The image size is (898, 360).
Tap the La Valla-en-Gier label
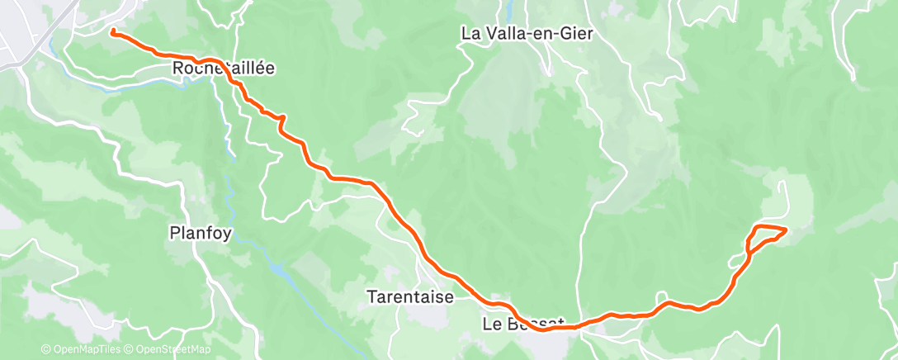[527, 34]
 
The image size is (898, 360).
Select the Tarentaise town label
[410, 297]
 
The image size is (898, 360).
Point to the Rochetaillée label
[223, 68]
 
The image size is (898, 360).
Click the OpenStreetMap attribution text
[173, 350]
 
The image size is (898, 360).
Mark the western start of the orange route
[111, 32]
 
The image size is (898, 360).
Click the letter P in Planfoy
[175, 232]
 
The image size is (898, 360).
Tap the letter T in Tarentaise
[371, 297]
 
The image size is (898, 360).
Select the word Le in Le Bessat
[490, 324]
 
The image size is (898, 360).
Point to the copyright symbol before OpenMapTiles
[46, 350]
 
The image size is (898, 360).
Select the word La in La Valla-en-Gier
[471, 34]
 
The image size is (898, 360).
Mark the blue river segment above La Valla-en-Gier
[510, 9]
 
